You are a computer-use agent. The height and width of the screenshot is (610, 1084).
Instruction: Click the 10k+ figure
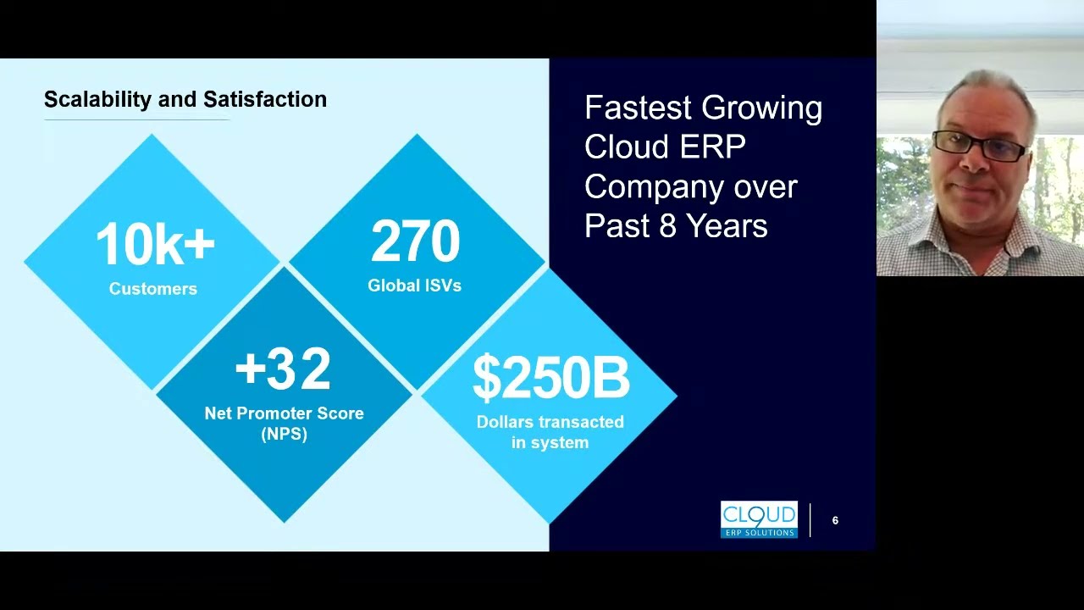154,245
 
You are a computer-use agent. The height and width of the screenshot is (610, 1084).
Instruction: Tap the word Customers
153,289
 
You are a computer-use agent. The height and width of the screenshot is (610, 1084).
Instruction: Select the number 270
415,242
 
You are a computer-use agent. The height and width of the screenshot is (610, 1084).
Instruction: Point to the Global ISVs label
414,286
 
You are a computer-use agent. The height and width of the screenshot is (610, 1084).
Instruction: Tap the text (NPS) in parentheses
284,434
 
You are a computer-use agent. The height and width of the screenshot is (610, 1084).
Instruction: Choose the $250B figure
550,378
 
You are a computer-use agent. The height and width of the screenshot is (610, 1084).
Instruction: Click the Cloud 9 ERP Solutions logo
759,519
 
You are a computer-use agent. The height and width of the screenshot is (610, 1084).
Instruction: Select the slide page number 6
835,520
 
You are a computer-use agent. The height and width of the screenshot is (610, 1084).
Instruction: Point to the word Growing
762,108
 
